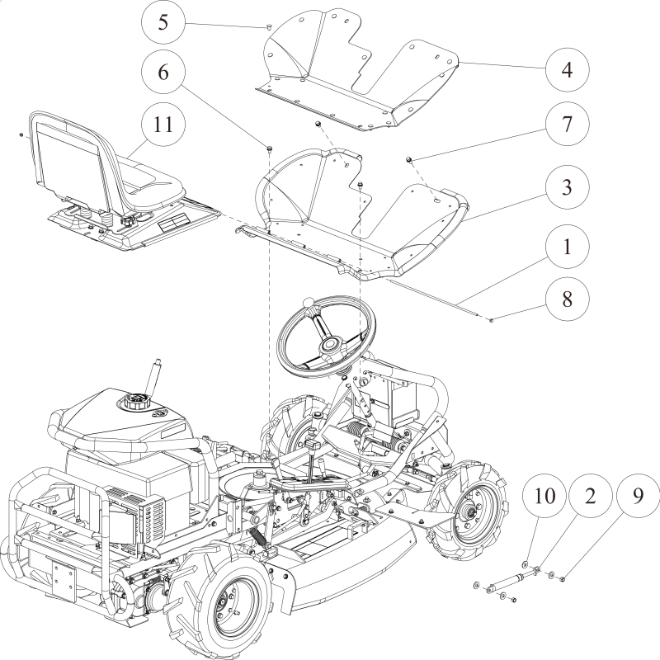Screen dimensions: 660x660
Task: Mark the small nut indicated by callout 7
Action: [409, 157]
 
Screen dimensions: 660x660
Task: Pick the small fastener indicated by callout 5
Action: [270, 27]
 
